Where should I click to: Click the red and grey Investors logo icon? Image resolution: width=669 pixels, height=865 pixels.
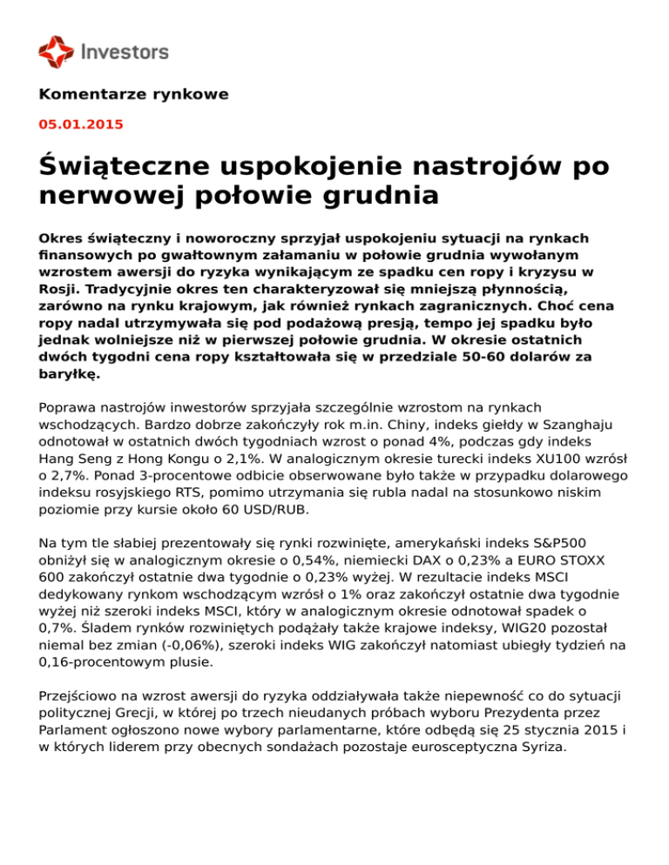coord(57,51)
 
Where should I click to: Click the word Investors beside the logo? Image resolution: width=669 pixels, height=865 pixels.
coord(124,52)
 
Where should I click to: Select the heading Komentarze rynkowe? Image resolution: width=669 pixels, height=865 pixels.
coord(134,94)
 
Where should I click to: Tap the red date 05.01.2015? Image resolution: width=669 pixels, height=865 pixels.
coord(81,124)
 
